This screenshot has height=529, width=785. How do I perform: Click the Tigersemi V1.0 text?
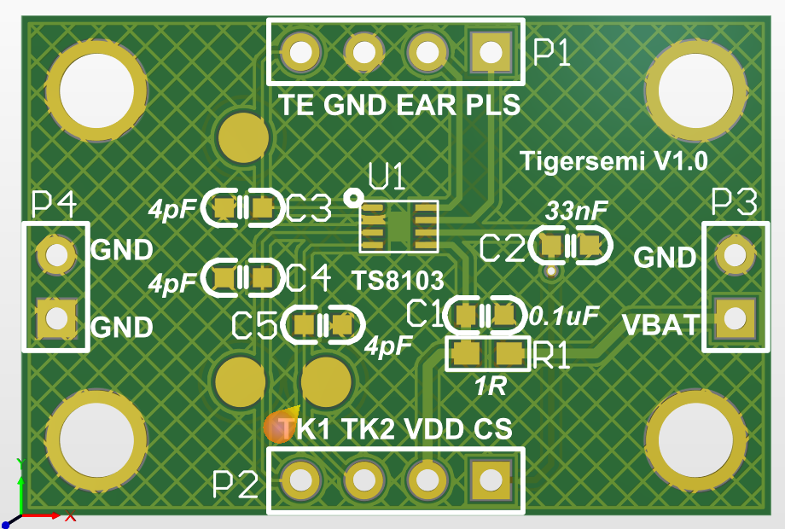613,160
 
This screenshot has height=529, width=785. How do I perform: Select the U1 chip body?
398,226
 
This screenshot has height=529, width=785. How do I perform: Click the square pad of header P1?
491,53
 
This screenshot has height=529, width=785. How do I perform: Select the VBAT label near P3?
660,325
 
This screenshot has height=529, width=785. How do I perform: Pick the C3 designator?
308,207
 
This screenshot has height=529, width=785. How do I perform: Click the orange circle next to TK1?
278,427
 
